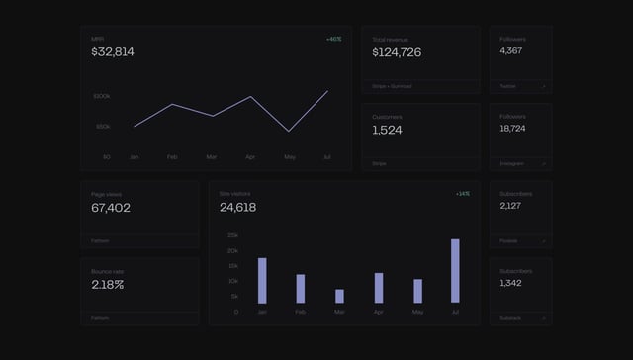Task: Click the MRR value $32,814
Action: (113, 52)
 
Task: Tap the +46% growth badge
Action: (333, 40)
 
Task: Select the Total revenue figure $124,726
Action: (397, 52)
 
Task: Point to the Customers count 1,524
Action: (388, 130)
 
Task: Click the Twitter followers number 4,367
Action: (511, 50)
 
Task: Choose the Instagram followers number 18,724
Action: (512, 129)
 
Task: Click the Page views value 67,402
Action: (111, 208)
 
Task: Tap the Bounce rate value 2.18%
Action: (108, 285)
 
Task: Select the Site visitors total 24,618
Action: (238, 208)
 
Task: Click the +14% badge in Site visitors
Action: (463, 194)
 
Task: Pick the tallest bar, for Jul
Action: (455, 271)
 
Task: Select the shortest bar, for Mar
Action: (339, 296)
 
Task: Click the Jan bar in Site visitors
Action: (262, 280)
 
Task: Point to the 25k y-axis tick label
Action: (232, 235)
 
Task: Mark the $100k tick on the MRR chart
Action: (102, 96)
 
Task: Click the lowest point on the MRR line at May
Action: (289, 131)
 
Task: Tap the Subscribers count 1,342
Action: (511, 284)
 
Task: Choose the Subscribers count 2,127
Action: (511, 206)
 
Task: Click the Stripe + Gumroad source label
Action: (392, 86)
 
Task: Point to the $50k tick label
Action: (103, 127)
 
